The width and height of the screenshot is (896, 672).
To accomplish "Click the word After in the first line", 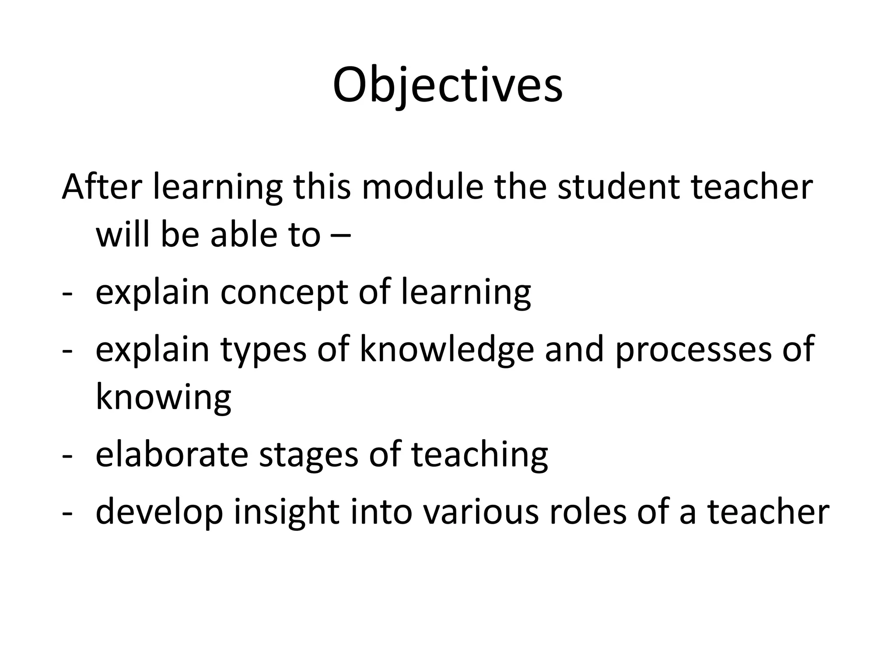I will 102,187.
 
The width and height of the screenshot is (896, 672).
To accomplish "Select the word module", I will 422,187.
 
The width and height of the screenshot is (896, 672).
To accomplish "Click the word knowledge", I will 447,350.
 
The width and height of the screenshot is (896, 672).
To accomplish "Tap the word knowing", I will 163,397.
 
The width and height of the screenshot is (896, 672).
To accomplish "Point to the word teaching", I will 479,455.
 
